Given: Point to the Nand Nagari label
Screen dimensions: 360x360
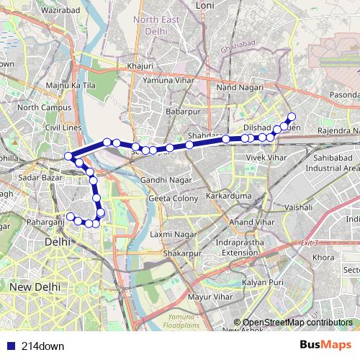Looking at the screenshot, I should (x=237, y=88).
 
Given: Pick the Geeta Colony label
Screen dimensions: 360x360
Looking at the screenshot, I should (x=173, y=198).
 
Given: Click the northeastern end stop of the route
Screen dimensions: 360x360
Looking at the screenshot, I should (x=292, y=117).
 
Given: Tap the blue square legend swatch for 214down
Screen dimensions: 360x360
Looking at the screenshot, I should (x=10, y=346).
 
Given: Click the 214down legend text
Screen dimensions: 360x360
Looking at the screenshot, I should (x=43, y=346).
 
